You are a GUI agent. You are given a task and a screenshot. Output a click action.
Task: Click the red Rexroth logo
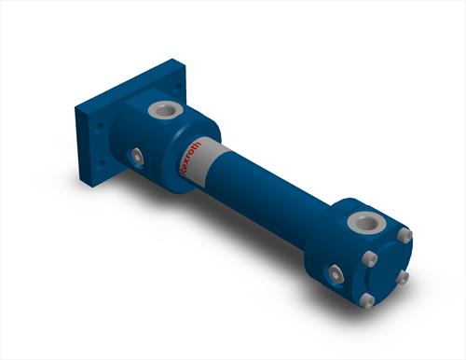pyautogui.click(x=190, y=159)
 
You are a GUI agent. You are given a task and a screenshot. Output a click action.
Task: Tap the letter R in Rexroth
pyautogui.click(x=184, y=173)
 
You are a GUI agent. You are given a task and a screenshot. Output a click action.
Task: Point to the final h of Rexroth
pyautogui.click(x=198, y=144)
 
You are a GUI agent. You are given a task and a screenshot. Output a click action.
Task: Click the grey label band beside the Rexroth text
pyautogui.click(x=206, y=160)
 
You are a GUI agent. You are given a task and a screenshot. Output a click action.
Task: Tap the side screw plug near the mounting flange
pyautogui.click(x=137, y=159)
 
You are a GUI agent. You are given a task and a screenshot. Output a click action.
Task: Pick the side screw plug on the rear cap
pyautogui.click(x=336, y=275)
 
